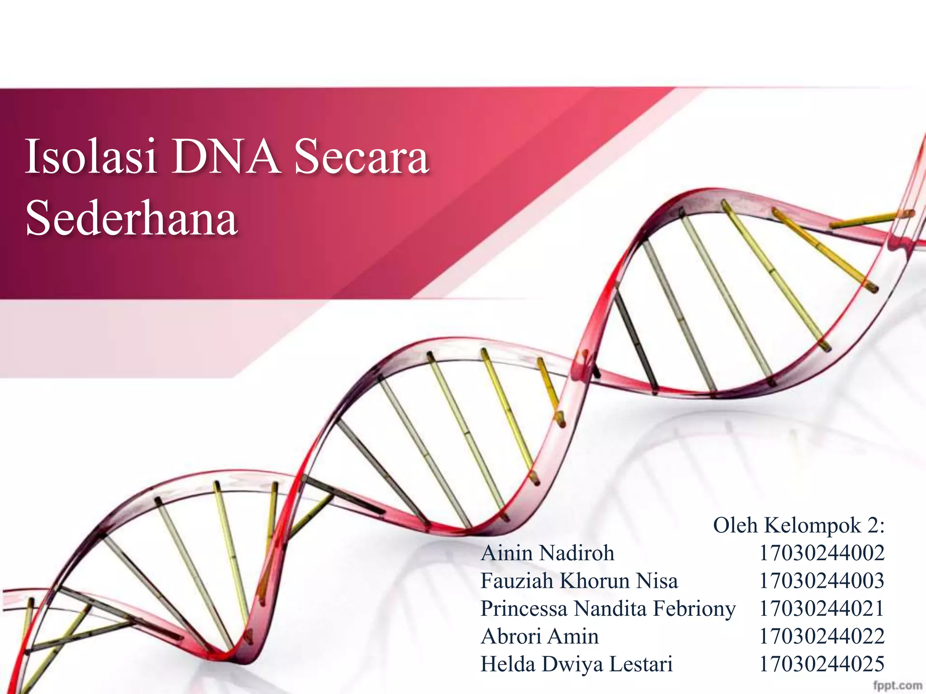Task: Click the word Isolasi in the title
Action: click(91, 157)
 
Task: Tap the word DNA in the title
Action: click(226, 157)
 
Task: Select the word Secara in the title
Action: click(361, 157)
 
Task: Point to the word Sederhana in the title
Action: click(132, 219)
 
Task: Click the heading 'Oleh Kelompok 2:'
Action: click(798, 525)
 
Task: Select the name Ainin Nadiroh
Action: click(548, 553)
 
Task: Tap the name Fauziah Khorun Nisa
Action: click(579, 581)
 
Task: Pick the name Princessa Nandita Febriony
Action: click(608, 609)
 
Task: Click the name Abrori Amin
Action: click(540, 637)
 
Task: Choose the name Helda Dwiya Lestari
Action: click(576, 665)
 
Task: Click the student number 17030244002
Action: click(822, 553)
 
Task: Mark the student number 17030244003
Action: click(822, 581)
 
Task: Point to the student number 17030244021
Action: click(822, 609)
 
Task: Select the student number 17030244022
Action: click(822, 637)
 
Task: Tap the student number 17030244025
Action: click(822, 665)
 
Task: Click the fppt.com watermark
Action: click(898, 685)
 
